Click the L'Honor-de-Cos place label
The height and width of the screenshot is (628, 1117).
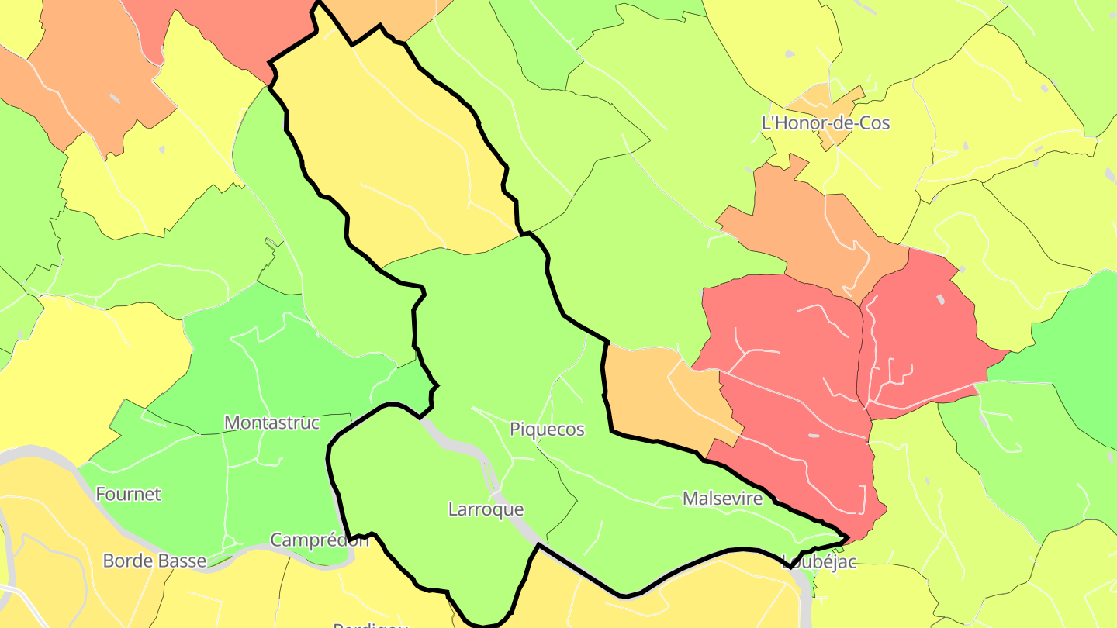(825, 122)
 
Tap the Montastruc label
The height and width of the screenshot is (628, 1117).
(271, 423)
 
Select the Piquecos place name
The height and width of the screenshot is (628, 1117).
(547, 429)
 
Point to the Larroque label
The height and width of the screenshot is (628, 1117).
(486, 509)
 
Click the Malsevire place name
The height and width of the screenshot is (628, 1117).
(722, 499)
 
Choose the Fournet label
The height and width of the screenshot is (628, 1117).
(128, 494)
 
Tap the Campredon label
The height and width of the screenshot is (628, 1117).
(319, 540)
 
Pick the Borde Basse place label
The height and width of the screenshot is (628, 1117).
(155, 561)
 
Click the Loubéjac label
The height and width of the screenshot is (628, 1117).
(819, 561)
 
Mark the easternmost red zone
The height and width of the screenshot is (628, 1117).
(923, 326)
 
